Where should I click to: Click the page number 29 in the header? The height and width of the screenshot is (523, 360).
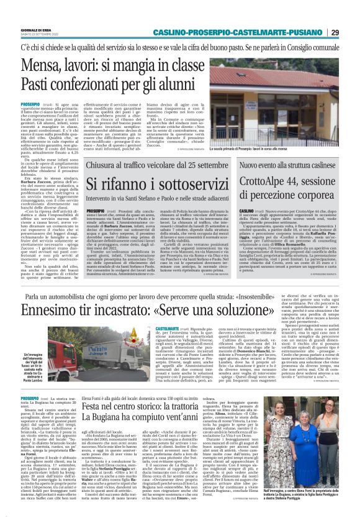351,32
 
